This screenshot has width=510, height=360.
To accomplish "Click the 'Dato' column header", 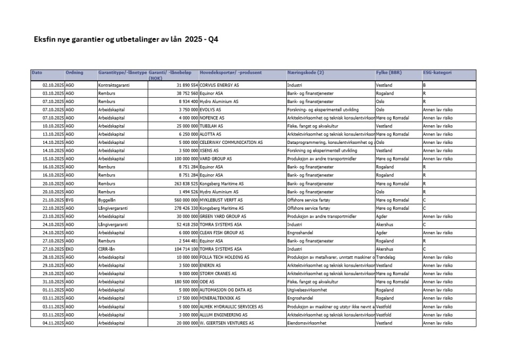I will pyautogui.click(x=37, y=72).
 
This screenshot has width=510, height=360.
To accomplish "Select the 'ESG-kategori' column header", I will pyautogui.click(x=437, y=72).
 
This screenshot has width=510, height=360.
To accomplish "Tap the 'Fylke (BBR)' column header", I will pyautogui.click(x=389, y=72).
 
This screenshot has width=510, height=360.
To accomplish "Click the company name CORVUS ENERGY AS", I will pyautogui.click(x=219, y=85).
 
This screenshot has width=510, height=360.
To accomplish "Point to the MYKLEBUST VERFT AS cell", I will pyautogui.click(x=221, y=200).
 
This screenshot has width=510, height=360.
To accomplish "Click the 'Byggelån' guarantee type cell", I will pyautogui.click(x=107, y=200).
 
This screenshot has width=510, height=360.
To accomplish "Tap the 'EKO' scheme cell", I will pyautogui.click(x=70, y=249).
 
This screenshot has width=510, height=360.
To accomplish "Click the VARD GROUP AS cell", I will pyautogui.click(x=216, y=159).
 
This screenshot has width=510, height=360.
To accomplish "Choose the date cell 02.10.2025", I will pyautogui.click(x=53, y=85).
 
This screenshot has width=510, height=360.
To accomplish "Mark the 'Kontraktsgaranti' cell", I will pyautogui.click(x=114, y=85).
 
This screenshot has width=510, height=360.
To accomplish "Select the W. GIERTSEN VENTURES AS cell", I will pyautogui.click(x=227, y=323).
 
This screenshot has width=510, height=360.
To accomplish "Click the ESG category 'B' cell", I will pyautogui.click(x=424, y=85).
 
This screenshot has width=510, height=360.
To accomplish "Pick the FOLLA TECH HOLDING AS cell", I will pyautogui.click(x=224, y=257).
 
